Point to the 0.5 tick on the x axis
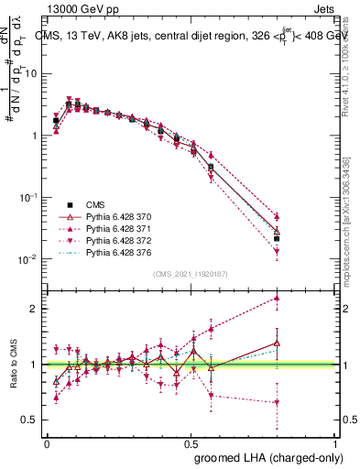(191, 442)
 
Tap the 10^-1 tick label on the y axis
(27, 197)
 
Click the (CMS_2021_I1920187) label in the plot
(190, 274)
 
